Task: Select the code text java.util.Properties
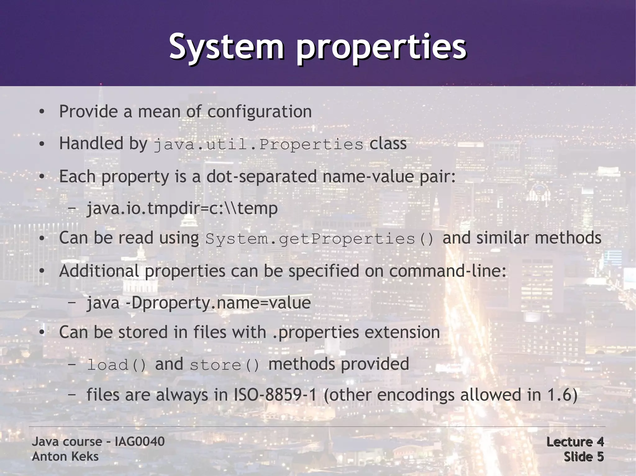tap(258, 144)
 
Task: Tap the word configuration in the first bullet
tap(259, 112)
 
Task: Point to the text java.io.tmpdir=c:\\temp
tap(182, 208)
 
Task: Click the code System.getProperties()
tap(320, 239)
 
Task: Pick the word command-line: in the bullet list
tap(447, 271)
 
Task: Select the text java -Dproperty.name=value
tap(198, 303)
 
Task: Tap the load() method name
tap(116, 365)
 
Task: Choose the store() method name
tap(225, 365)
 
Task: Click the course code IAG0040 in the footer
tap(139, 441)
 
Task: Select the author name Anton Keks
tap(65, 456)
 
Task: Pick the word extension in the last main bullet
tap(402, 332)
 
